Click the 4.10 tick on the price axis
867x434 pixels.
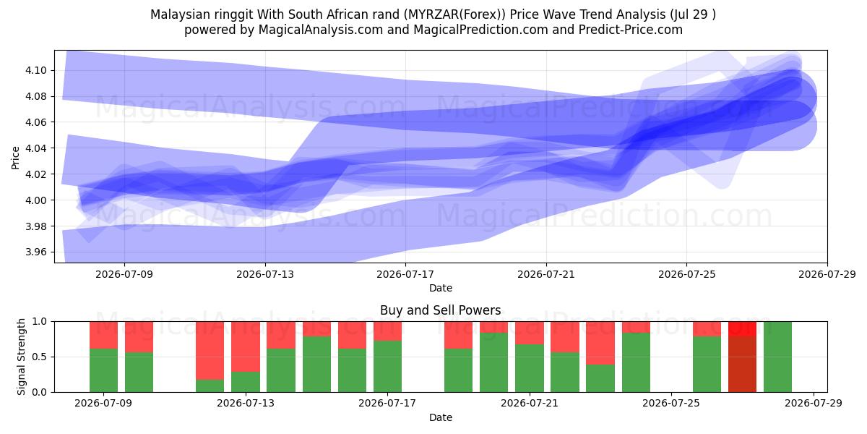coord(35,71)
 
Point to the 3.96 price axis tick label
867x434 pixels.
coord(35,252)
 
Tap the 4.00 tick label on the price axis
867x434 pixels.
coord(35,200)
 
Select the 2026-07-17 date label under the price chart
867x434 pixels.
coord(405,274)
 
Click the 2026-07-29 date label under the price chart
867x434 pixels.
coord(827,274)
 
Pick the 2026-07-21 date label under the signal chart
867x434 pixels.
coord(529,404)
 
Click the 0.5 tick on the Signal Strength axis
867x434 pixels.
coord(40,357)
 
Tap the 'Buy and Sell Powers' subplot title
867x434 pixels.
coord(441,310)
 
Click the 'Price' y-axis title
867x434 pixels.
coord(15,158)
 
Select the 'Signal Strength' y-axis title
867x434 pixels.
coord(21,357)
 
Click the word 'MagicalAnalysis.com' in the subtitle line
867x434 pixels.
coord(321,30)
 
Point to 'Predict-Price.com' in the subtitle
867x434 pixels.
coord(631,30)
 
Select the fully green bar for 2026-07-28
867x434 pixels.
coord(777,357)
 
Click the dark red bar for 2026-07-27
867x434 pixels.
coord(743,365)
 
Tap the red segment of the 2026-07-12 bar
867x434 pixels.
coord(210,350)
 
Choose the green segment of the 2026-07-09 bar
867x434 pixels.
coord(104,370)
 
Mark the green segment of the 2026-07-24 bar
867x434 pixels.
coord(637,362)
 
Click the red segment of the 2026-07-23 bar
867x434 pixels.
coord(600,343)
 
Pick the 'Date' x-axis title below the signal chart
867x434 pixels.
coord(441,417)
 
